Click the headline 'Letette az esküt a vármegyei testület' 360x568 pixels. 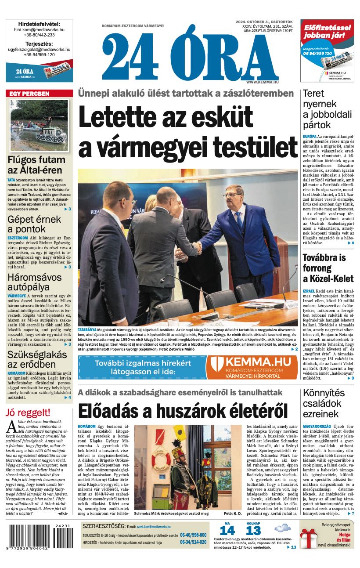point(187,132)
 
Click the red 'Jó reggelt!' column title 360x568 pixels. point(28,412)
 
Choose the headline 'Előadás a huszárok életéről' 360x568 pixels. point(183,411)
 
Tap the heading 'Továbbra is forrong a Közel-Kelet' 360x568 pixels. point(328,268)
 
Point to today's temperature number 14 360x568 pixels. point(227,530)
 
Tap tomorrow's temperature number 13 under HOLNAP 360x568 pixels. point(253,530)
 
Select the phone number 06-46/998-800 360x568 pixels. point(193,535)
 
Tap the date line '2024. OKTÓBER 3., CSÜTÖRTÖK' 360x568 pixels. point(264,22)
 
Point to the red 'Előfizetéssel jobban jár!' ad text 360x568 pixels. point(328,31)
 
